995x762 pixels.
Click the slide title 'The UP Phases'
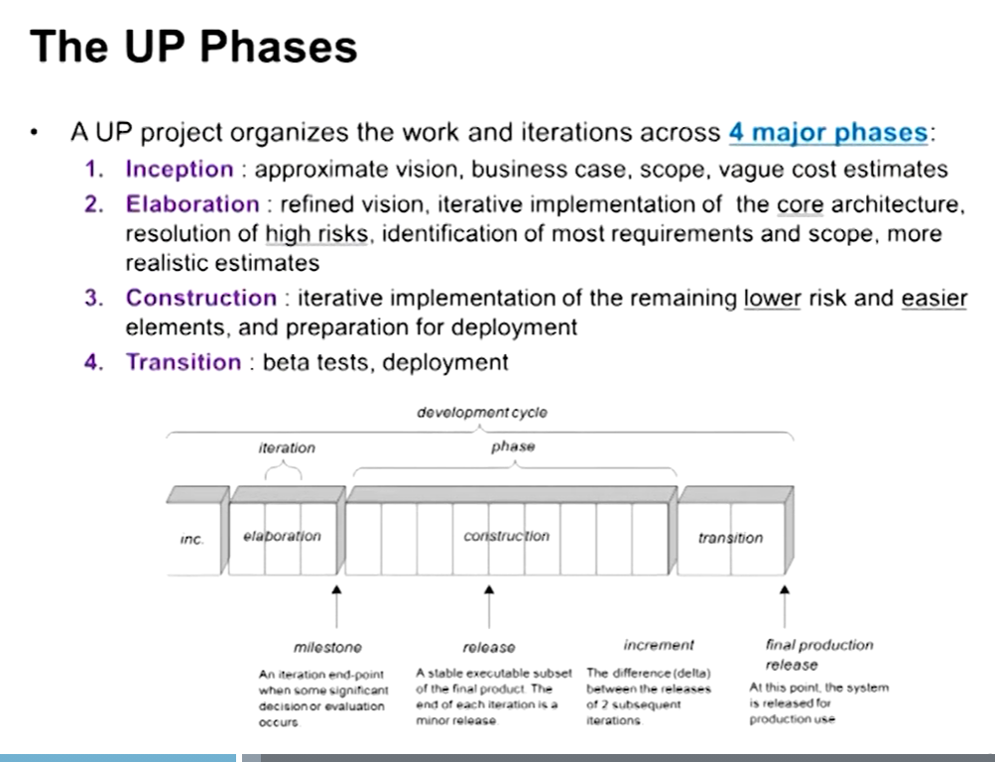193,47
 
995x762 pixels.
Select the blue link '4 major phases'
828,132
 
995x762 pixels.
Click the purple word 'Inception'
180,169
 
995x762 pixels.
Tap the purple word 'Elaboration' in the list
192,203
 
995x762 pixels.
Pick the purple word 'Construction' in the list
201,298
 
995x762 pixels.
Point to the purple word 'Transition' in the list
184,361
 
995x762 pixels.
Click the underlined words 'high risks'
316,233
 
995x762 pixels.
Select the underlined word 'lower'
772,298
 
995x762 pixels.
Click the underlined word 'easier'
934,298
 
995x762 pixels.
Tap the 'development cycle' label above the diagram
482,413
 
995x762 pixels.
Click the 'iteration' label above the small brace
286,447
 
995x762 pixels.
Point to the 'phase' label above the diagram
513,446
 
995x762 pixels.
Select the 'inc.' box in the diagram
194,539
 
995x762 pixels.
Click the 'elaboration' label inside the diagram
282,536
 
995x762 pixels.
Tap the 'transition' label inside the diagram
730,538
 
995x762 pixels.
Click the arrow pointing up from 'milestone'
336,606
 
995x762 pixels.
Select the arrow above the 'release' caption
489,606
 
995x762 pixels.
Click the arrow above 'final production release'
785,606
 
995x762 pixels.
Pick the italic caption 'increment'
659,645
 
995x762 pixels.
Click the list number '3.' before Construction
94,298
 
